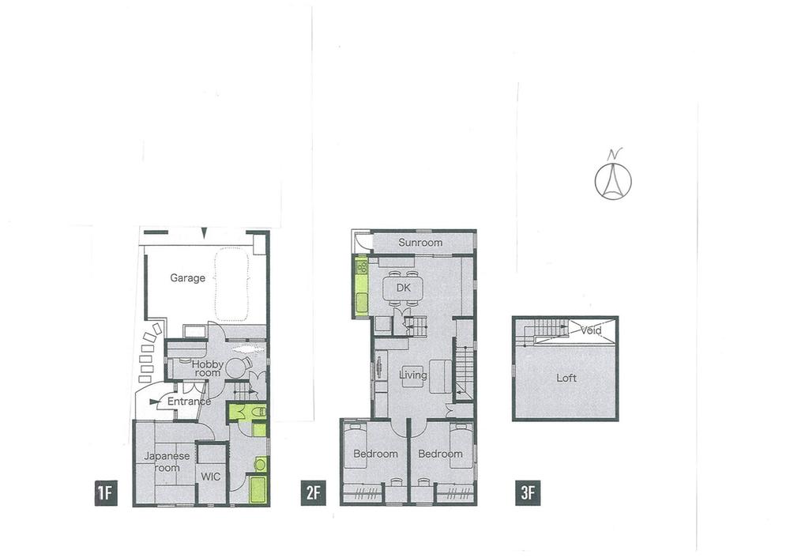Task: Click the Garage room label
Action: point(188,277)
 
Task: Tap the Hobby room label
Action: point(207,368)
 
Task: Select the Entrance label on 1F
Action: point(189,402)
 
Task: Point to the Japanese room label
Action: point(167,462)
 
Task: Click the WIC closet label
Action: point(211,476)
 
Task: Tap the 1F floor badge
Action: point(106,494)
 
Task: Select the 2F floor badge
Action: point(313,494)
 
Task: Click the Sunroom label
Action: point(420,243)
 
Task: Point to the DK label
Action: point(403,288)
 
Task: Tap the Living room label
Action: point(413,375)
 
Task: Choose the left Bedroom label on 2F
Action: point(375,454)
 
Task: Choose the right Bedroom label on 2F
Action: point(440,454)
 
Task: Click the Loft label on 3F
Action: point(566,378)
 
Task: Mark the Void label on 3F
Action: point(591,330)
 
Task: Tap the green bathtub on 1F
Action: point(258,489)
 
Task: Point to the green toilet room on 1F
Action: point(247,412)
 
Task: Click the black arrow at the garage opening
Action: point(204,232)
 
